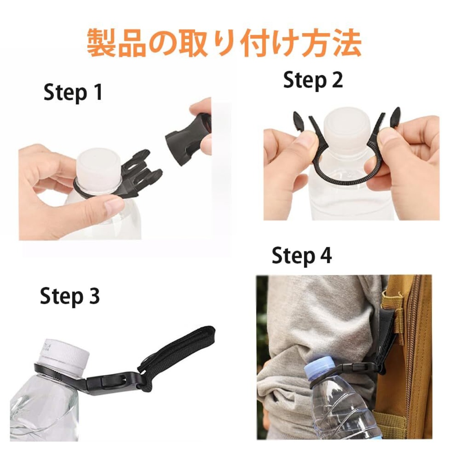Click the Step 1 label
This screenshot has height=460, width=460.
tap(73, 93)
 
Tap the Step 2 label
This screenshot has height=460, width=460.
tap(313, 80)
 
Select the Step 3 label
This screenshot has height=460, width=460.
tap(70, 296)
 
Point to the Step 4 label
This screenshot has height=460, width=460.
tap(302, 256)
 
